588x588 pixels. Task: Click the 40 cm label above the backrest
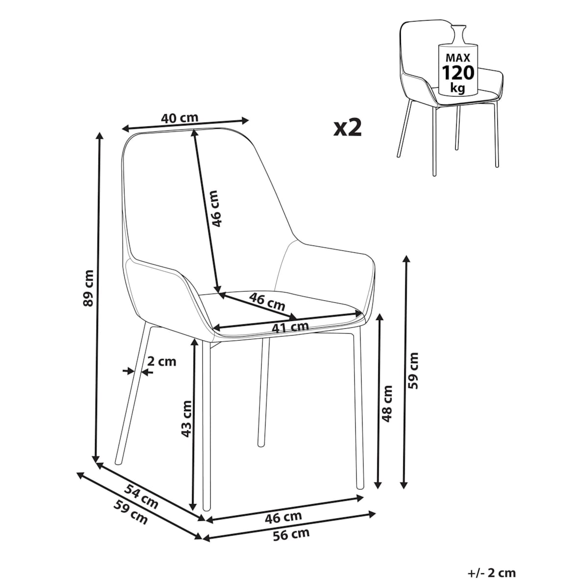pyautogui.click(x=179, y=118)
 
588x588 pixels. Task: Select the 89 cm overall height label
pyautogui.click(x=88, y=288)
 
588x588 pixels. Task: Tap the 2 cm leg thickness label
pyautogui.click(x=162, y=362)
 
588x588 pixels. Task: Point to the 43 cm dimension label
pyautogui.click(x=186, y=419)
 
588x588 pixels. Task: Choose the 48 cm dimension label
pyautogui.click(x=387, y=404)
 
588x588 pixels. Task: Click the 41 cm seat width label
pyautogui.click(x=290, y=327)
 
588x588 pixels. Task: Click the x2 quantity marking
pyautogui.click(x=347, y=128)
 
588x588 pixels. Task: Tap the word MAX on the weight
pyautogui.click(x=458, y=58)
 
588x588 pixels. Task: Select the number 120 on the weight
pyautogui.click(x=458, y=73)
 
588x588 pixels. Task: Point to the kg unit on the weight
pyautogui.click(x=458, y=88)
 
